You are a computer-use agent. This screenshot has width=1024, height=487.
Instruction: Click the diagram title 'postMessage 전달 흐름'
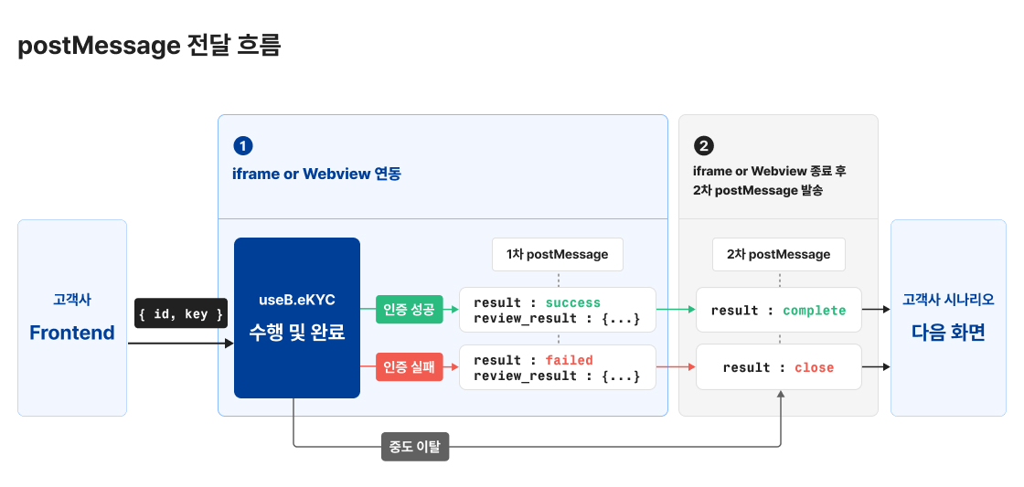[x=149, y=46]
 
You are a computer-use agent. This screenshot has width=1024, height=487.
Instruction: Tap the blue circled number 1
[x=243, y=146]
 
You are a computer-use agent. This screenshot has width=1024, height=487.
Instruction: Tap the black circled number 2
[x=703, y=146]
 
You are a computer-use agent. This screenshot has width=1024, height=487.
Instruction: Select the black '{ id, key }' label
[x=181, y=313]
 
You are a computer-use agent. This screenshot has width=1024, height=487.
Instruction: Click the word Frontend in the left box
[x=72, y=333]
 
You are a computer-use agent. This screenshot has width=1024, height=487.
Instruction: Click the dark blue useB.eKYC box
[x=297, y=317]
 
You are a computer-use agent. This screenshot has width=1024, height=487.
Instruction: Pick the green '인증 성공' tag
[x=409, y=310]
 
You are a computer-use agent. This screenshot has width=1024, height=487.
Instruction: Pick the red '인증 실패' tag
[x=409, y=367]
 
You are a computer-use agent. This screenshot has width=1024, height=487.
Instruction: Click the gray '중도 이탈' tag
[x=414, y=447]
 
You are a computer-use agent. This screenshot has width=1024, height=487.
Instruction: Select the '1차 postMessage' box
[x=558, y=254]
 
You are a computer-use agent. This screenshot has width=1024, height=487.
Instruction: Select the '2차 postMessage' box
[x=779, y=254]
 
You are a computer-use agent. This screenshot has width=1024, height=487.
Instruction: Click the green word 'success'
[x=573, y=302]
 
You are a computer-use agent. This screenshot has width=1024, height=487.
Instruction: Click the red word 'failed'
[x=570, y=360]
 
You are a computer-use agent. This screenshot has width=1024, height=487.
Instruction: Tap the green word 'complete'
[x=815, y=311]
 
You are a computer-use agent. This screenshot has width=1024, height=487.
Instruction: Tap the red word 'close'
[x=815, y=367]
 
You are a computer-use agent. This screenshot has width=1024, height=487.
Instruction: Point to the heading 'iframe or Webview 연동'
[x=316, y=174]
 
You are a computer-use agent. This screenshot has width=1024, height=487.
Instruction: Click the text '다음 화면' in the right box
[x=948, y=333]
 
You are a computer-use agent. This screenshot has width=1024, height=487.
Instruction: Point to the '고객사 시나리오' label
[x=948, y=299]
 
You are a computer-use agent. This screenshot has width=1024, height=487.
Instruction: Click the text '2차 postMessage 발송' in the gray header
[x=757, y=190]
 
